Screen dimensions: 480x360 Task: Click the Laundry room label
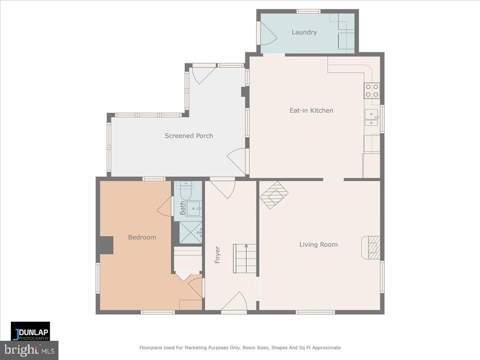pyautogui.click(x=304, y=32)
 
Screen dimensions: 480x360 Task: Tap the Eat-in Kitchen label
pyautogui.click(x=311, y=111)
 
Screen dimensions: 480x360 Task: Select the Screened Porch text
pyautogui.click(x=189, y=135)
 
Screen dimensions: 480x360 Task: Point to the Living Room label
pyautogui.click(x=318, y=244)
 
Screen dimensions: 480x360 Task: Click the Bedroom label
pyautogui.click(x=142, y=237)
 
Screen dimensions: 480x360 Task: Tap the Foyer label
pyautogui.click(x=217, y=255)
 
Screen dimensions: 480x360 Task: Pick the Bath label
pyautogui.click(x=182, y=208)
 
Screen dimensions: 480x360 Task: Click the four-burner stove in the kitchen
pyautogui.click(x=372, y=90)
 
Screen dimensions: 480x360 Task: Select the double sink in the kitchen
pyautogui.click(x=372, y=118)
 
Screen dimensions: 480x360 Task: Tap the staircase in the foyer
pyautogui.click(x=245, y=258)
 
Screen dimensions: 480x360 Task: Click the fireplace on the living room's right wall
pyautogui.click(x=371, y=247)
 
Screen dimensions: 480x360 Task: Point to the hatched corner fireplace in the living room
pyautogui.click(x=274, y=195)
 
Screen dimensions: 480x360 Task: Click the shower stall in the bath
pyautogui.click(x=190, y=232)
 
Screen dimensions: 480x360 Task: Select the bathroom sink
pyautogui.click(x=194, y=209)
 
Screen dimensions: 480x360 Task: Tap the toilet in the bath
pyautogui.click(x=186, y=190)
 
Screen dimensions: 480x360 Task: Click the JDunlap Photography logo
pyautogui.click(x=30, y=331)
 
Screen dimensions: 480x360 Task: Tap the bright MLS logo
pyautogui.click(x=29, y=350)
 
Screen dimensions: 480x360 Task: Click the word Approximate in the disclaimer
pyautogui.click(x=329, y=348)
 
